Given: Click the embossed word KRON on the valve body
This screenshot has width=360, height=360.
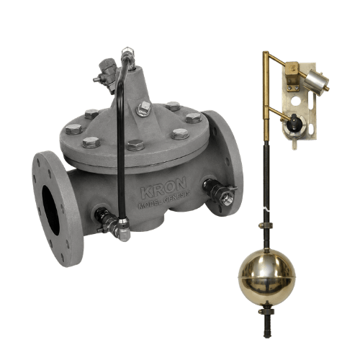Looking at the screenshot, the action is pos(163,188).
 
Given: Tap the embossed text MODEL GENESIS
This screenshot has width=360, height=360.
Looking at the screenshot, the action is pos(164,199).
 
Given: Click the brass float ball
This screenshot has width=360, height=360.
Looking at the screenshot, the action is pos(266,278).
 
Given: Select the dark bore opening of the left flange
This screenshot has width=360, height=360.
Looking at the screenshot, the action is pos(51,210).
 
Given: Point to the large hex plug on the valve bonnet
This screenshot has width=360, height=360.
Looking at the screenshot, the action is pos(144,109).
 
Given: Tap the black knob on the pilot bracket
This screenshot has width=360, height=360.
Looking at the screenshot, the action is pos(293,122).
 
